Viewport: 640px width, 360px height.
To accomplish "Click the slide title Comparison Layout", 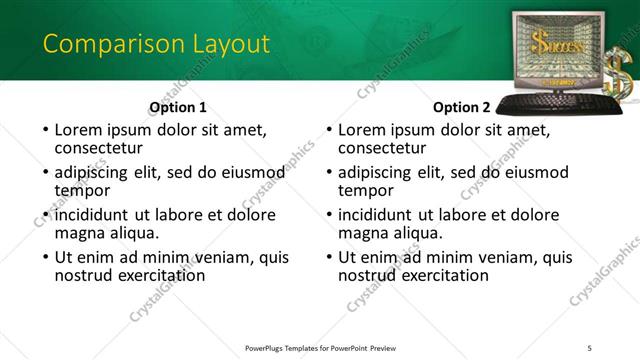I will (156, 44).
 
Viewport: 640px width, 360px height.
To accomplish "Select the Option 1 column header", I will (178, 107).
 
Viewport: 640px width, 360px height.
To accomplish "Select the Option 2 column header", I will (462, 107).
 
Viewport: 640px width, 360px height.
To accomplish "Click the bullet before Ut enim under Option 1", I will (44, 258).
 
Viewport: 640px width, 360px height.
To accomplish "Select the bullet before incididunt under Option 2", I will (328, 215).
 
